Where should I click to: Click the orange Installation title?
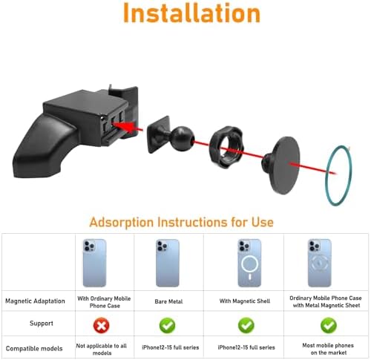pos(191,13)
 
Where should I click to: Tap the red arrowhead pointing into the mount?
pos(125,126)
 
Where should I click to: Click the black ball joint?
pos(183,139)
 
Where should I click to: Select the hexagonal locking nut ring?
pos(226,147)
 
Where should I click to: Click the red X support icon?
pos(102,325)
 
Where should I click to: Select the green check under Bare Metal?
pos(168,325)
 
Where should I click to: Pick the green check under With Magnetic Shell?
pos(246,325)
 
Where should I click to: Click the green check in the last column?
pos(329,325)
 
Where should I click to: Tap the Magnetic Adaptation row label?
pos(35,301)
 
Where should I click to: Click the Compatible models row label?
pos(34,348)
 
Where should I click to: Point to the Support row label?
pos(42,323)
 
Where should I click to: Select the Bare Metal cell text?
pos(168,301)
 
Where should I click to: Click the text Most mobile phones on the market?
pos(328,349)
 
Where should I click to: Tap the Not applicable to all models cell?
pos(102,349)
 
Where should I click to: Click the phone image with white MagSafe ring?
pos(249,263)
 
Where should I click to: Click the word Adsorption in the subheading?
pos(122,222)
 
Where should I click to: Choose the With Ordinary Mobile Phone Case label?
pos(104,302)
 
